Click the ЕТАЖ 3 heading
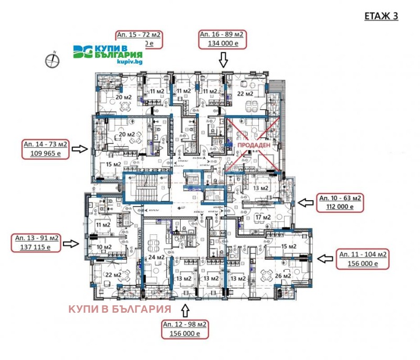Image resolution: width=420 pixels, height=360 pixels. (381, 16)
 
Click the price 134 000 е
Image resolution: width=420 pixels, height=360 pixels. (222, 44)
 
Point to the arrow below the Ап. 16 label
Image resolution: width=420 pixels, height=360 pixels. (224, 59)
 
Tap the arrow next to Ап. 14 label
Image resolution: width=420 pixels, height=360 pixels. (80, 149)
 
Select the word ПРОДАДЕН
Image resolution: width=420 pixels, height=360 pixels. (254, 145)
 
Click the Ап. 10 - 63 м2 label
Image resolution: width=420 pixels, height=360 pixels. (341, 198)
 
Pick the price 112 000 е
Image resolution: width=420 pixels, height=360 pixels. (341, 207)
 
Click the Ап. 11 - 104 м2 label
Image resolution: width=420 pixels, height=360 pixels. (363, 254)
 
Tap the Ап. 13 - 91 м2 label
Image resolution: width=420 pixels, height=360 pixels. (36, 239)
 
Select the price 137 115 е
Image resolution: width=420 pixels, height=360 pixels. (36, 248)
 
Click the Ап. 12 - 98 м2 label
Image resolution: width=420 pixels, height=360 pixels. (185, 324)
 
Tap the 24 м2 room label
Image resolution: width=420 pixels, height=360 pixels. (156, 258)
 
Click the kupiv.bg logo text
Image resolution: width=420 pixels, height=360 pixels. (130, 61)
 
